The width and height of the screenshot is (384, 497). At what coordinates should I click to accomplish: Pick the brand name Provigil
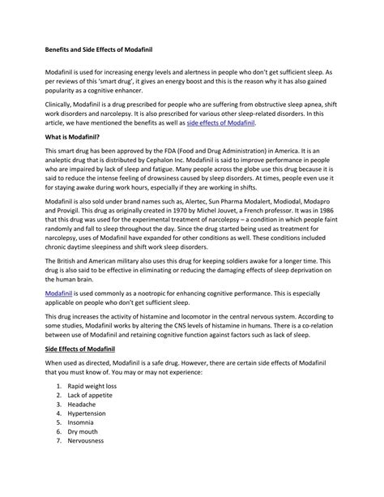coord(74,219)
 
